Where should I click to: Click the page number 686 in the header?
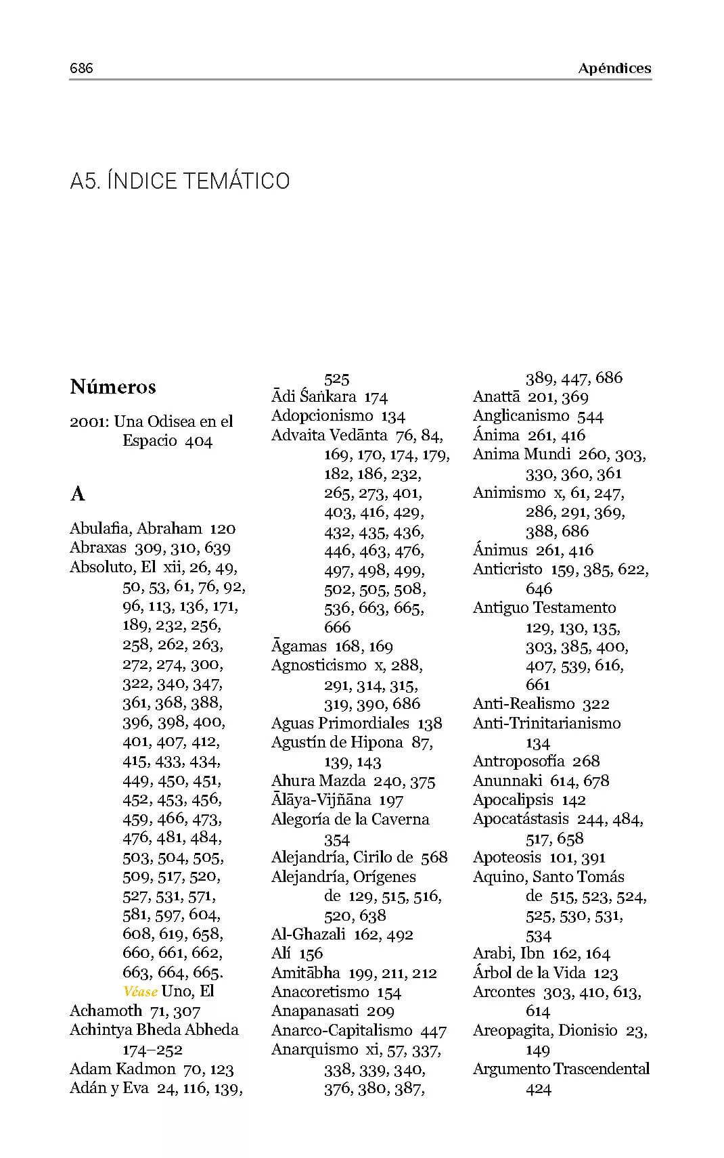[81, 68]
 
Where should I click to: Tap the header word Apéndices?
[614, 68]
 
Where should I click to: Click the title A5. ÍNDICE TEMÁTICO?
[180, 181]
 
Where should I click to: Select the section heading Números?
[113, 387]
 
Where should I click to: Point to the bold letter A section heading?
[77, 494]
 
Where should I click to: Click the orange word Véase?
[141, 992]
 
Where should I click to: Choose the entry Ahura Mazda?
[318, 781]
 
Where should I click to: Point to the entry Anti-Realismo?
[524, 704]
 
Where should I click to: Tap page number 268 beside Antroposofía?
[586, 762]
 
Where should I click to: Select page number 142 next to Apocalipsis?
[574, 800]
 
